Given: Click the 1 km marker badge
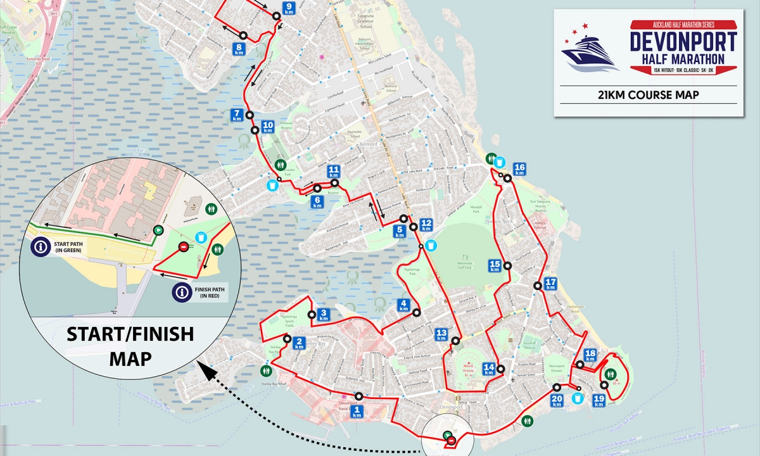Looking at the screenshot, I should [x=358, y=412].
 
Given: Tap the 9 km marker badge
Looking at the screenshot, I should [x=289, y=9].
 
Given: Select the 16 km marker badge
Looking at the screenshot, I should [x=520, y=169].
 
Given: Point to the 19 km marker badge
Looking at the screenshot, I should [x=598, y=400].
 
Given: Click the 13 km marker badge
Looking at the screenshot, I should [x=441, y=334].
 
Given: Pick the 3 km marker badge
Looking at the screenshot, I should [x=324, y=315].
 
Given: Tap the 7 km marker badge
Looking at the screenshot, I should [x=237, y=115].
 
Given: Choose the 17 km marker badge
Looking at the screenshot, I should [x=550, y=284].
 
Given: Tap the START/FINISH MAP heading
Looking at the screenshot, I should [x=130, y=346].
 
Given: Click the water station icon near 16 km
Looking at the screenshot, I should [x=500, y=161].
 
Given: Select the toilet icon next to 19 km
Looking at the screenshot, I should [x=611, y=374].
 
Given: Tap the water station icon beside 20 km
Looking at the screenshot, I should [x=577, y=398].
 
